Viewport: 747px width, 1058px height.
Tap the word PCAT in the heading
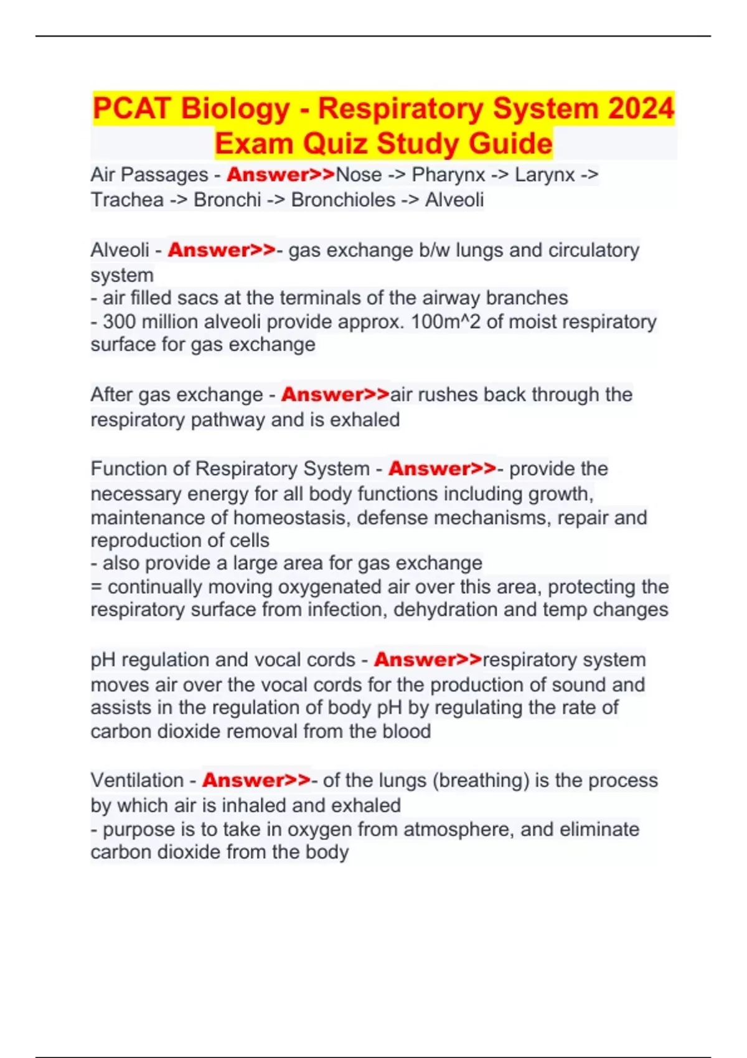[131, 108]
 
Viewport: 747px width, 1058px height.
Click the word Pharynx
[448, 175]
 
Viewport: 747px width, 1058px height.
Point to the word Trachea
[127, 200]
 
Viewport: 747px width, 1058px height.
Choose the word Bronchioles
[343, 200]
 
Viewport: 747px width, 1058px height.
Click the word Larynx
[545, 175]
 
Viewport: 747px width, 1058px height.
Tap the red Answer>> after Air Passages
[281, 175]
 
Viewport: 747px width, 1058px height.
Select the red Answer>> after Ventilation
[256, 780]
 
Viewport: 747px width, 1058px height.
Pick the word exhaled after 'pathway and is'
[365, 420]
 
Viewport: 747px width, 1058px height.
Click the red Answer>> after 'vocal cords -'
[428, 660]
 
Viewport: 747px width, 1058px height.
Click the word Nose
[359, 175]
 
